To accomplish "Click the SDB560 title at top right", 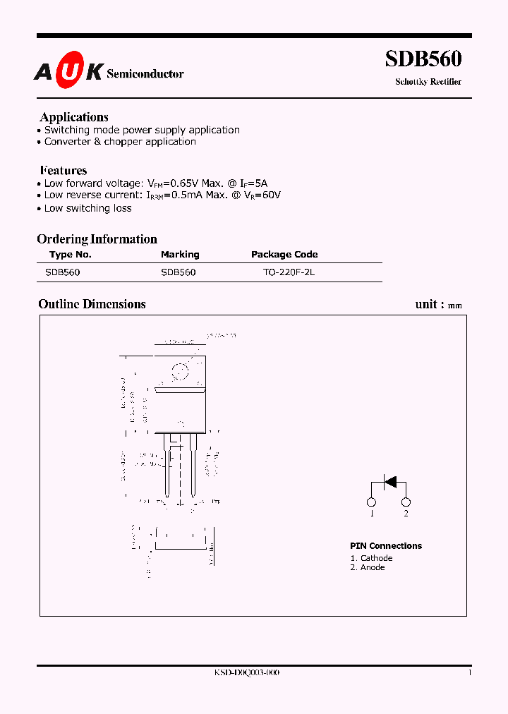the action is click(423, 59).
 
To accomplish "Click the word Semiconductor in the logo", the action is click(145, 73).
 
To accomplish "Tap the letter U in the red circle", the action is click(71, 71).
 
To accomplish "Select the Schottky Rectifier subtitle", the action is click(428, 82).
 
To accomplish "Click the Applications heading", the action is click(74, 117).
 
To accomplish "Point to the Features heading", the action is click(64, 170).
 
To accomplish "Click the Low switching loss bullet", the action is click(87, 208).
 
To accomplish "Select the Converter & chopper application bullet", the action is click(120, 141).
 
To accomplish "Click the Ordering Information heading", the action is click(97, 239).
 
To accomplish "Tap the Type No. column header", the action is click(71, 255).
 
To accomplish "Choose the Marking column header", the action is click(180, 255).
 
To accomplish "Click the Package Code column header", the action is click(284, 255).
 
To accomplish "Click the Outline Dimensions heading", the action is click(92, 304).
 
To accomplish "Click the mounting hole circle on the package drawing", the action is click(181, 370).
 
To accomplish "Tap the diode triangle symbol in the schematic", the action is click(389, 482).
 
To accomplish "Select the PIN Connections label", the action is click(386, 546).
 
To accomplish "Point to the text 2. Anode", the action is click(368, 567).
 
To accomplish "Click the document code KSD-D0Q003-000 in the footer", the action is click(247, 673).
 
